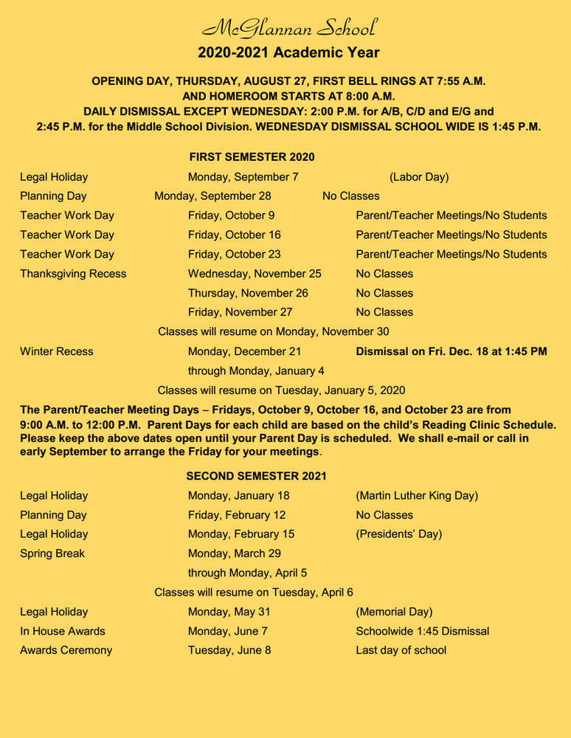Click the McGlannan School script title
point(288,28)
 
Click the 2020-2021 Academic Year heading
point(288,52)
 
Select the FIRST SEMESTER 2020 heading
point(252,156)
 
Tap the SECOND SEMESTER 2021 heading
point(256,476)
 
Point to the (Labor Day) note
point(419,177)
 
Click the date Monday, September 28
point(212,196)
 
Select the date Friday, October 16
point(235,235)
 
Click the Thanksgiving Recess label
point(73,274)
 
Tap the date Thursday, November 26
point(248,293)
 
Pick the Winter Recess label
point(57,351)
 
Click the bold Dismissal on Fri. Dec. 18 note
point(451,351)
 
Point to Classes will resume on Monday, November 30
point(274,331)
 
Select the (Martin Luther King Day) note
point(417,496)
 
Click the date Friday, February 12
point(237,515)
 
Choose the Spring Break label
point(52,553)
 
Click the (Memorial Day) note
point(394,612)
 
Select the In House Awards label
point(63,631)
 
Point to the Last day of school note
point(401,650)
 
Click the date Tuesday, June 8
point(229,650)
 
